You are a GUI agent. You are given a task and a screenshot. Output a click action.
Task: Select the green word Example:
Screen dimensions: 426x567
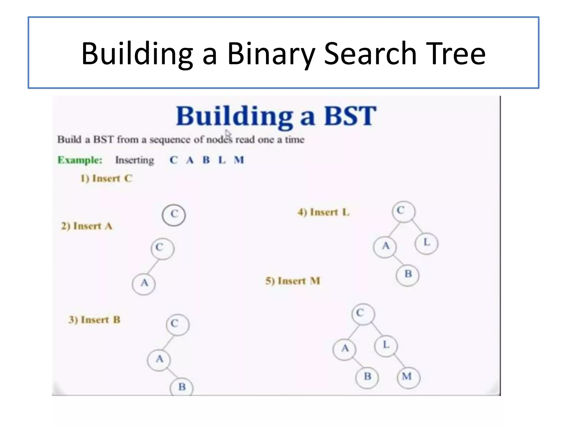(80, 160)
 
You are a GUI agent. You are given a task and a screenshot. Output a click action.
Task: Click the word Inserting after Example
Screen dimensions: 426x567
(135, 160)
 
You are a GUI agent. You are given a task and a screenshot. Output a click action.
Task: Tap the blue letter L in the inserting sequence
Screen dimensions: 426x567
(222, 160)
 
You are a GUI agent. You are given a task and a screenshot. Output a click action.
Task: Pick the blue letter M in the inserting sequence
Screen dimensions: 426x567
(239, 160)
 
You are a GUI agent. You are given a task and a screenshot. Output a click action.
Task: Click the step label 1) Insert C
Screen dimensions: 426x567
(106, 178)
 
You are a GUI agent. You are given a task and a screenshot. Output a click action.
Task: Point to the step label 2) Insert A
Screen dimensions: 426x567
(87, 226)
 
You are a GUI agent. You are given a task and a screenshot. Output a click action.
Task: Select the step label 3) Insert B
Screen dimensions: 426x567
(94, 320)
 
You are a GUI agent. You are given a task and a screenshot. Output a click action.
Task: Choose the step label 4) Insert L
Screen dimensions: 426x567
(323, 212)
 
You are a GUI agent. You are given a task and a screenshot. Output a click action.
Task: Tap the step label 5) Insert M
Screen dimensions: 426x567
(293, 281)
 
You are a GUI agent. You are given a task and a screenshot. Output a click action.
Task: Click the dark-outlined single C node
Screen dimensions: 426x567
(174, 215)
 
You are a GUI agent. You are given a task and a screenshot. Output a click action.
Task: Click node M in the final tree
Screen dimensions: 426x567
(408, 377)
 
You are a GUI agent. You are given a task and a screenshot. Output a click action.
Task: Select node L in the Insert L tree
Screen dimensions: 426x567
(427, 243)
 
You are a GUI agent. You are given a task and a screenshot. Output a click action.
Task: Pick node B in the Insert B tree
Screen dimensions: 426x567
(182, 387)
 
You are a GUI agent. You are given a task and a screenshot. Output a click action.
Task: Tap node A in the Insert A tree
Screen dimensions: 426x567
(144, 284)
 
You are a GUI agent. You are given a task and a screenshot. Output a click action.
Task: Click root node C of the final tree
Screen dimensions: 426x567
(363, 314)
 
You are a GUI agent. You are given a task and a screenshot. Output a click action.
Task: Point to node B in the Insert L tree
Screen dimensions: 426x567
(408, 275)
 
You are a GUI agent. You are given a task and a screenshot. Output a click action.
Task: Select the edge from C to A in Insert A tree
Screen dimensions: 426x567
(153, 266)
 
